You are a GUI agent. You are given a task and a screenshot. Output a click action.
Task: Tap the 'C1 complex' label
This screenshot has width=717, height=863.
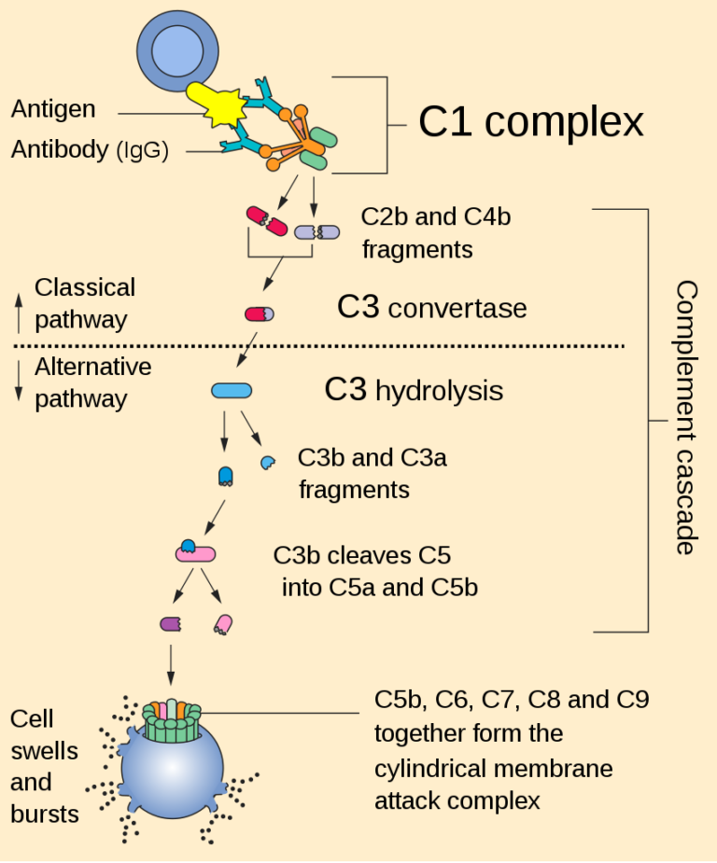(530, 122)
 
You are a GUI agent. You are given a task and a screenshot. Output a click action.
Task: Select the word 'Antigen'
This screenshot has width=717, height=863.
(53, 109)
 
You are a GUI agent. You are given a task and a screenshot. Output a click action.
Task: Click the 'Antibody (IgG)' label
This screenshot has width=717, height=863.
(90, 149)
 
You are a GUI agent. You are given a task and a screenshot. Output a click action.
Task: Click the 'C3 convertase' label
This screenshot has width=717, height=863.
(431, 308)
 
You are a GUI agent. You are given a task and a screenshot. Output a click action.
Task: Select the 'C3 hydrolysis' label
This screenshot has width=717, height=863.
(414, 390)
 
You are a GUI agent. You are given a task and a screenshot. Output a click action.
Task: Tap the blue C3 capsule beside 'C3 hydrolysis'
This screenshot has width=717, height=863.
(231, 391)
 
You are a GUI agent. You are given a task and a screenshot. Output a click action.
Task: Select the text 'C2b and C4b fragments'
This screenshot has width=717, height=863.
(435, 233)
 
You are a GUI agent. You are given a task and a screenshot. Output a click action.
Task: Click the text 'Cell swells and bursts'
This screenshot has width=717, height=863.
(44, 766)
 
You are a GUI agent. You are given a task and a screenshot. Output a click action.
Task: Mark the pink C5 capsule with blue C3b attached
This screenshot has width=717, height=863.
(195, 552)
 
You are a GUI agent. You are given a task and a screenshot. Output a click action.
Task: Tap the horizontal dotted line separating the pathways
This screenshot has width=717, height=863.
(317, 346)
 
